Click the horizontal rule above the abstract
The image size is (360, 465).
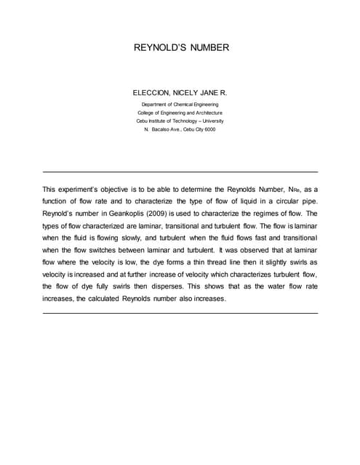[x=180, y=171]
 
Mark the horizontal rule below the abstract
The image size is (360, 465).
[x=180, y=312]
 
